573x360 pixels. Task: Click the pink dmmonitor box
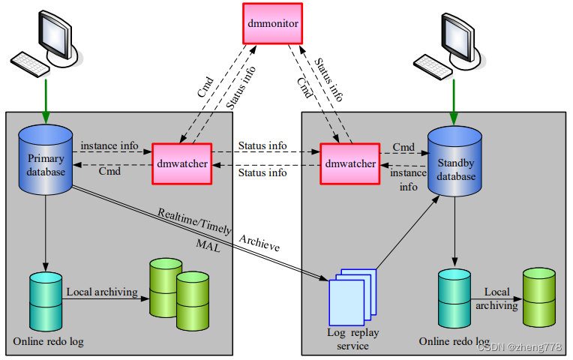(272, 24)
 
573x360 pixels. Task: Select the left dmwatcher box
(181, 163)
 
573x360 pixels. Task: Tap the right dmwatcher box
(350, 163)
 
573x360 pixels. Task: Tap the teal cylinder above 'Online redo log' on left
(46, 301)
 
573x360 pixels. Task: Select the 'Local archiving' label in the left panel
(101, 291)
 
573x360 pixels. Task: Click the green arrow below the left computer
(46, 97)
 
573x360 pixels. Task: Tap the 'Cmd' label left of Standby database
(404, 146)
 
